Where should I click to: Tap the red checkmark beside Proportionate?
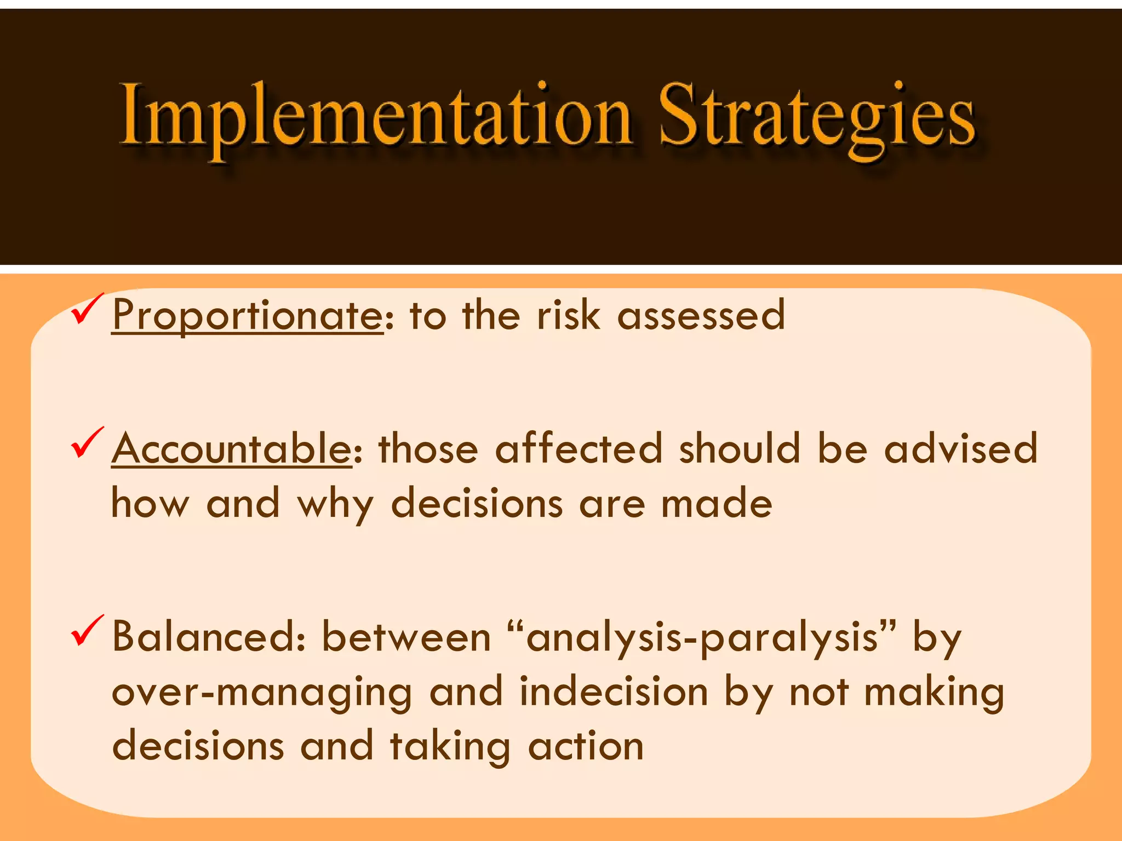click(x=87, y=309)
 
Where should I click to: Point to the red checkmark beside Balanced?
click(x=87, y=631)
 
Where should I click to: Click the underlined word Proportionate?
click(x=248, y=316)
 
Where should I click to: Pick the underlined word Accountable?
click(x=232, y=449)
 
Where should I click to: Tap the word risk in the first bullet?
click(x=568, y=316)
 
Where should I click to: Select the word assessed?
click(x=701, y=316)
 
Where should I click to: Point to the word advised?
click(x=961, y=449)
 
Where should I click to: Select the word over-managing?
click(x=261, y=693)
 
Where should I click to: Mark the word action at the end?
click(x=586, y=746)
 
